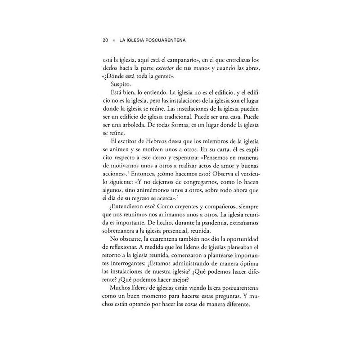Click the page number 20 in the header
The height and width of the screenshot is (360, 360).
pyautogui.click(x=105, y=40)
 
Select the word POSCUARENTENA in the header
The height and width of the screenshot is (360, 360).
pyautogui.click(x=164, y=40)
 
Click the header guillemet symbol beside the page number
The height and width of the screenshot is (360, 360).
pyautogui.click(x=114, y=40)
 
